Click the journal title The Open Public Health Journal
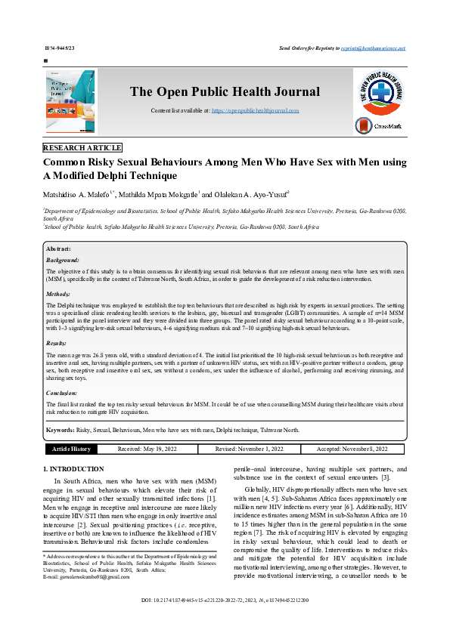click(214, 92)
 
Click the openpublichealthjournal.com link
click(255, 111)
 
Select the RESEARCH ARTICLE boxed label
click(82, 148)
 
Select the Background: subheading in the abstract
click(63, 259)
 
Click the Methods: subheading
click(58, 294)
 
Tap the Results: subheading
click(57, 343)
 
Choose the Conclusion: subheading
click(62, 393)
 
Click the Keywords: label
click(60, 430)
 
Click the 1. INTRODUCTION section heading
click(72, 469)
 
